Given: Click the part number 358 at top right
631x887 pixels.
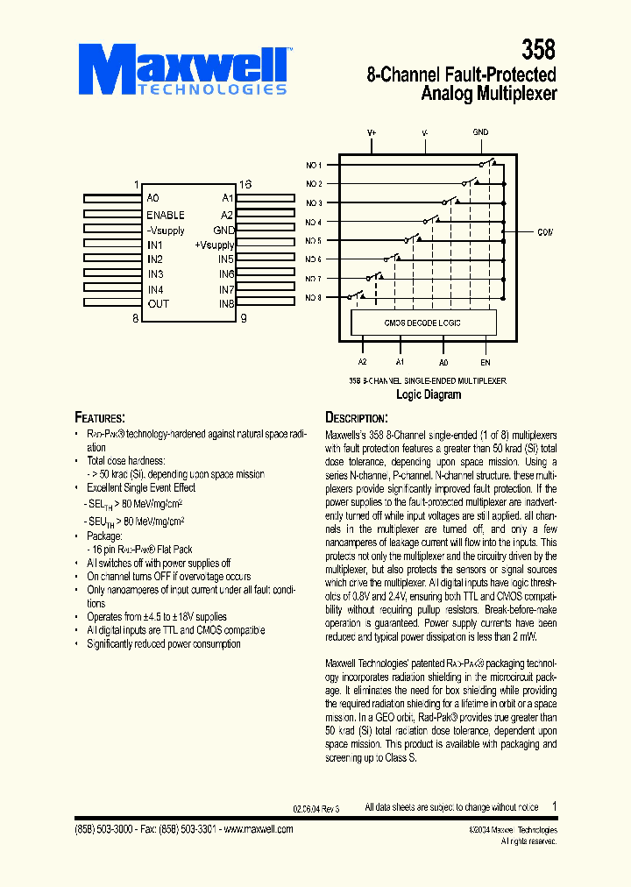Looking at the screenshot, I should (538, 50).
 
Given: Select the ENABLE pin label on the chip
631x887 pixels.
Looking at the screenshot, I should (166, 215).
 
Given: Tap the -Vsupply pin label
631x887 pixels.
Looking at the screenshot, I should (166, 230).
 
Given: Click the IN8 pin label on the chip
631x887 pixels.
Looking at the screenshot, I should (226, 304).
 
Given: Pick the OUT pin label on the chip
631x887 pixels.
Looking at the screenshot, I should (159, 304).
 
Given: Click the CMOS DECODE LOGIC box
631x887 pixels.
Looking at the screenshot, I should (422, 323).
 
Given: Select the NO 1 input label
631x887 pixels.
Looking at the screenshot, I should (314, 165).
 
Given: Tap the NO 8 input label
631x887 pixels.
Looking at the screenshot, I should (314, 298).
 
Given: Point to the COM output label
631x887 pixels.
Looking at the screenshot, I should (545, 231).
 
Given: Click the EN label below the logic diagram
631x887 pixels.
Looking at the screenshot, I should (485, 361).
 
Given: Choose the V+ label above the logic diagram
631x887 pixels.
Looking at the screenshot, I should (372, 132).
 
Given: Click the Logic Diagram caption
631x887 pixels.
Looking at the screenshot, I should (429, 394).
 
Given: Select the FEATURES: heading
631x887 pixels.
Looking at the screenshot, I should (99, 417).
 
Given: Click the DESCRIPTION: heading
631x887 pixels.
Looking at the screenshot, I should (356, 418).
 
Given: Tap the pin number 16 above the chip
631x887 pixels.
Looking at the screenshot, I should (245, 184).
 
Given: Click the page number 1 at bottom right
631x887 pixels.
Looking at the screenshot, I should (554, 806).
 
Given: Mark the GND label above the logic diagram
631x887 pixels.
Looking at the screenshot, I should (480, 132).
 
